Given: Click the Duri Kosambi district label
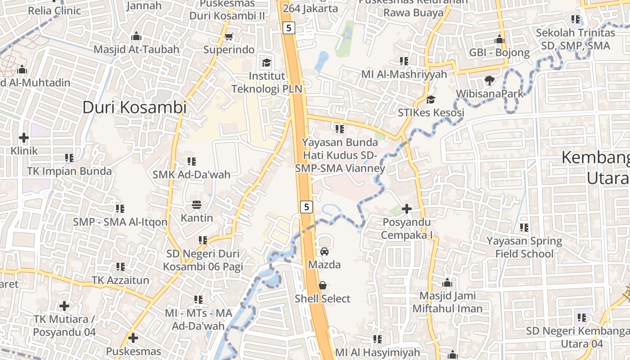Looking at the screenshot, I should [x=134, y=108].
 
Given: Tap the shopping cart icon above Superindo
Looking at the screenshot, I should [x=229, y=36].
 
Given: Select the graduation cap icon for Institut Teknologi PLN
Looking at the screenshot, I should [x=267, y=62].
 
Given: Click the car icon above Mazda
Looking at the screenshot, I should [x=324, y=252].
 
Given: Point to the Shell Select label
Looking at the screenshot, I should [x=322, y=299].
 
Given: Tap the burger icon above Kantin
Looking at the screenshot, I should [x=197, y=205].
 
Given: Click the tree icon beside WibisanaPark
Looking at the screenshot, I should [x=489, y=81].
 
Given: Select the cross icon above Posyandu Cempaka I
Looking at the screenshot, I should [x=407, y=209].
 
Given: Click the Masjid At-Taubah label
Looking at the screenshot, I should [x=136, y=49].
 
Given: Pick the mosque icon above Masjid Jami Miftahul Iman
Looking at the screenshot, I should [x=447, y=283].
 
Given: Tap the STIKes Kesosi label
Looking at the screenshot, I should [x=431, y=112].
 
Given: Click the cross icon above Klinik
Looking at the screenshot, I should [x=24, y=137].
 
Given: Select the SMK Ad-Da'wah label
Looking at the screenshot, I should [x=191, y=175].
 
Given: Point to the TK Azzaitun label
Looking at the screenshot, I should [x=120, y=280].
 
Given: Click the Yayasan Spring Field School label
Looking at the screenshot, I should [x=524, y=247].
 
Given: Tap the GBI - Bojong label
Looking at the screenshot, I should [x=499, y=53].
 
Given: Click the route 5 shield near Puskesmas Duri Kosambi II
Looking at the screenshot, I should [x=288, y=28].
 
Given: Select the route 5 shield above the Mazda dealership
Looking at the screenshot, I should [x=306, y=207].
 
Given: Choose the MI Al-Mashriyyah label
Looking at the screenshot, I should [x=404, y=74].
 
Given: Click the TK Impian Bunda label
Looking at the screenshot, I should [x=69, y=171].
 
